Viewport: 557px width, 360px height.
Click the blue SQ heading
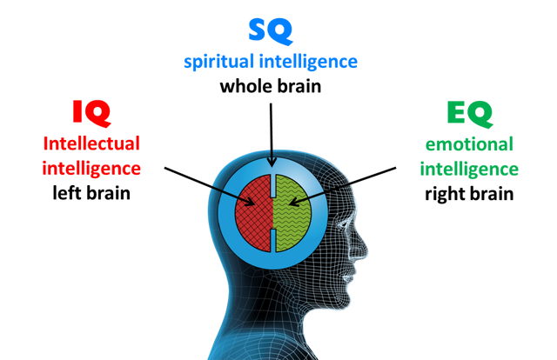pos(271,30)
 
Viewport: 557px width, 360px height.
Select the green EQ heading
pos(468,112)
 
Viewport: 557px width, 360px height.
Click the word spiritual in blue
pos(220,63)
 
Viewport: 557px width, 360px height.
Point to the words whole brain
pos(271,86)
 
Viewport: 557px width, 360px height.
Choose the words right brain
pos(469,193)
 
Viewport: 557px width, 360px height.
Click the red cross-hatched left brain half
pos(252,213)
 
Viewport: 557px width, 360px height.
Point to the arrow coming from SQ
pos(272,130)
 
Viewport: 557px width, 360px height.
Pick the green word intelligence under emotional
pos(469,168)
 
